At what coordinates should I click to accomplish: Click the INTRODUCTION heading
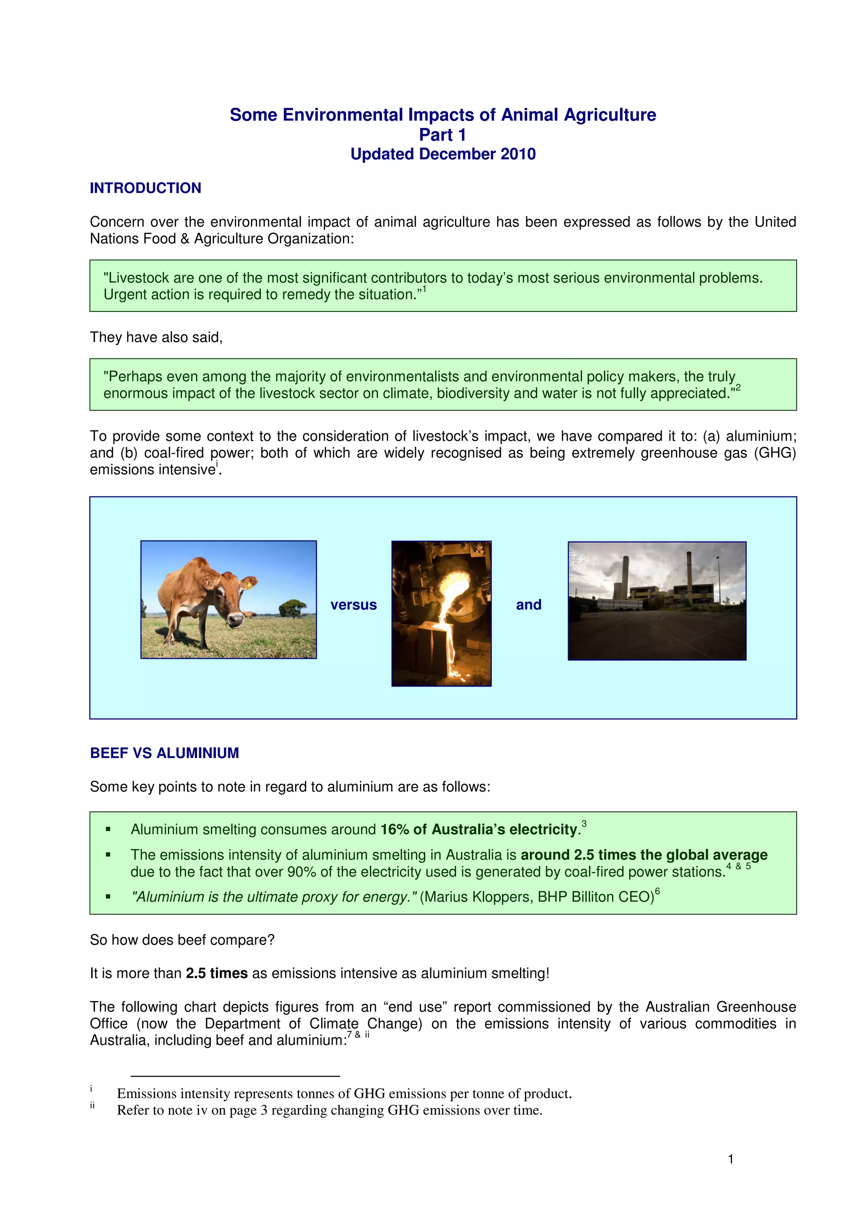tap(145, 188)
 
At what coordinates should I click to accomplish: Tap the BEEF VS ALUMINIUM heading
tap(164, 752)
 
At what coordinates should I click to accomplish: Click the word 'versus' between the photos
tap(354, 605)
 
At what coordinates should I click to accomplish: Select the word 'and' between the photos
tap(528, 605)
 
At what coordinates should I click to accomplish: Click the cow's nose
tap(235, 620)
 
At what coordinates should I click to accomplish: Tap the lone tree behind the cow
tap(293, 607)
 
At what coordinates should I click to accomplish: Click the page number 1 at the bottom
tap(731, 1158)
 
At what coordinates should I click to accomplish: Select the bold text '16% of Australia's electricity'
tap(479, 829)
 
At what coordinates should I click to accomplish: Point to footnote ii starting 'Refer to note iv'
tap(329, 1110)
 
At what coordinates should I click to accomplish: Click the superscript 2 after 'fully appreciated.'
tap(738, 388)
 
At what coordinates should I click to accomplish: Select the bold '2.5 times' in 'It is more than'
tap(216, 973)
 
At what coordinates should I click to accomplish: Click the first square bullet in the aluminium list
tap(108, 829)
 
